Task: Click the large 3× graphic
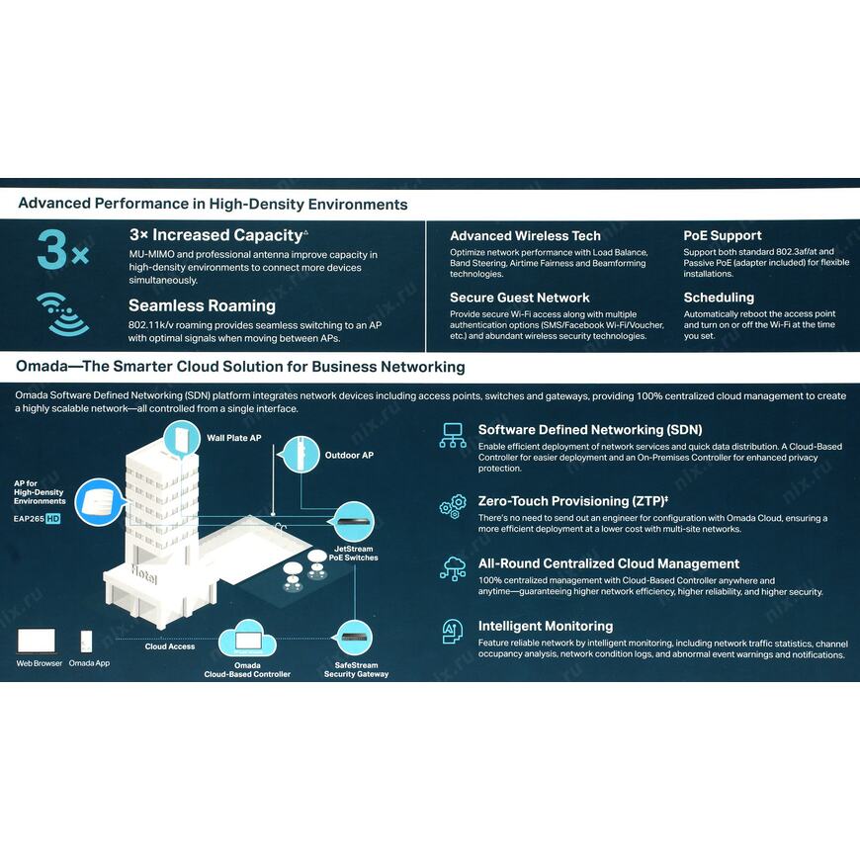(61, 251)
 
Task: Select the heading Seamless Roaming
(202, 305)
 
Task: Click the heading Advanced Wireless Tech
(525, 236)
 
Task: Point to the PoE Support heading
(723, 236)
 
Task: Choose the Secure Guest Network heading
(520, 298)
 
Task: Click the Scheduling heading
(719, 298)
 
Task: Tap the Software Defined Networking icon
(453, 435)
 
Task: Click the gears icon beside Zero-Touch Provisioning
(453, 506)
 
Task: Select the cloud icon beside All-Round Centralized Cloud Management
(453, 568)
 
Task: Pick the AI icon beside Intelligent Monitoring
(452, 631)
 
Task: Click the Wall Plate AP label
(233, 437)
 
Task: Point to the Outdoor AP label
(349, 456)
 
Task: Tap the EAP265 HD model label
(38, 518)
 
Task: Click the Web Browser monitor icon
(38, 641)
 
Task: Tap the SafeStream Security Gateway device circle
(355, 636)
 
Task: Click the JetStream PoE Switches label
(354, 553)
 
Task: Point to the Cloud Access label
(170, 646)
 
